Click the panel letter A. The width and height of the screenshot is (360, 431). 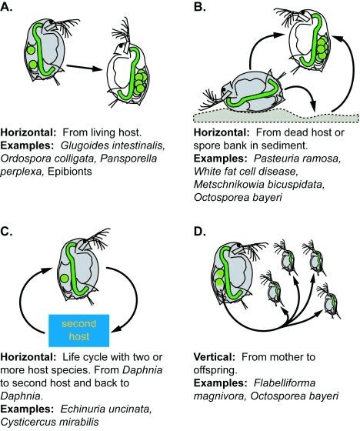(7, 6)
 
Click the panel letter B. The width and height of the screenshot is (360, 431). (200, 6)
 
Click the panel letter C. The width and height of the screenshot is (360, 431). (7, 232)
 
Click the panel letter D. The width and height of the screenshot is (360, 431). (200, 232)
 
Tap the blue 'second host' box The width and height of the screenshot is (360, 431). (79, 330)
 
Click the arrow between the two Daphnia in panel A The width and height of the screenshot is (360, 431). (85, 68)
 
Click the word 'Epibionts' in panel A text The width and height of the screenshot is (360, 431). (70, 172)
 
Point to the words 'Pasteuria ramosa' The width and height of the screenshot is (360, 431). (297, 159)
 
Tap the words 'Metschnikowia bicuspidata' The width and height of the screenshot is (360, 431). (259, 185)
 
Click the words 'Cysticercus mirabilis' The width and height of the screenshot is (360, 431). (49, 422)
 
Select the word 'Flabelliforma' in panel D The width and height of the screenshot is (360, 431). (285, 383)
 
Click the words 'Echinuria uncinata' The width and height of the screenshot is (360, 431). (105, 409)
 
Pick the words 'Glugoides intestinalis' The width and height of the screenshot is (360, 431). (112, 145)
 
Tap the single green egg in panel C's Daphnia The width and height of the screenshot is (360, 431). (65, 279)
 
